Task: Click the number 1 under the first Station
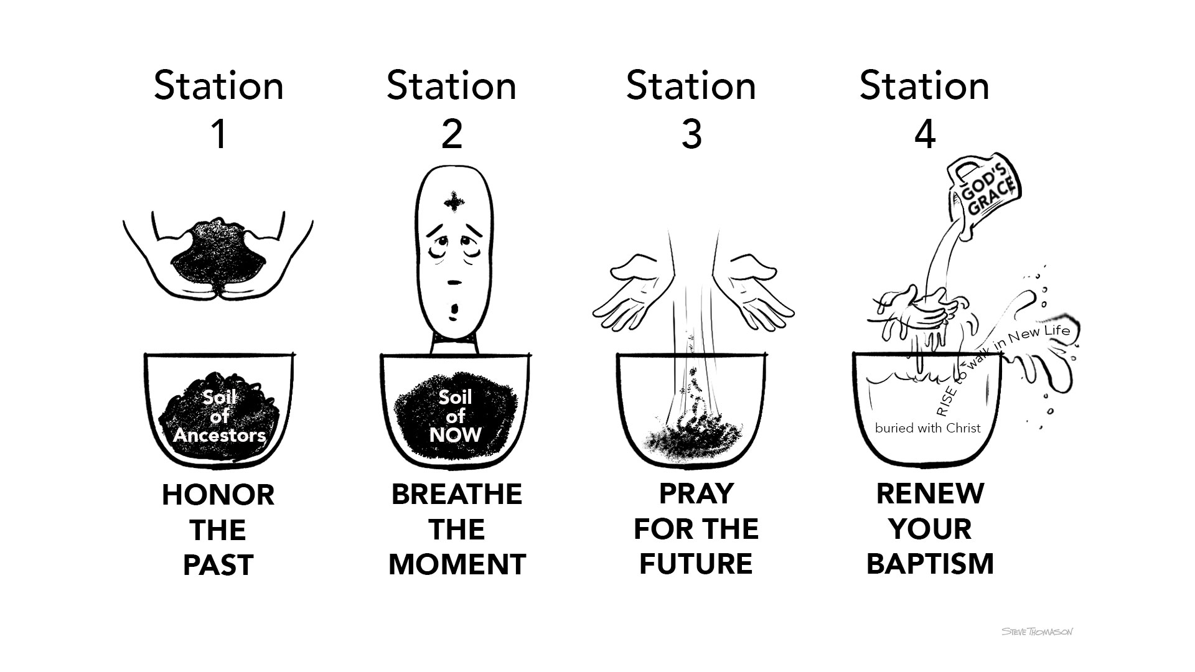pyautogui.click(x=218, y=134)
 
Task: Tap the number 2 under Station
pyautogui.click(x=452, y=134)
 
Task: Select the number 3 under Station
pyautogui.click(x=691, y=134)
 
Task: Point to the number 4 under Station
pyautogui.click(x=925, y=134)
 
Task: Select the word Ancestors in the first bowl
pyautogui.click(x=219, y=435)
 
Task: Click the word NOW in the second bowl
pyautogui.click(x=456, y=435)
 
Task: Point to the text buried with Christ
pyautogui.click(x=927, y=428)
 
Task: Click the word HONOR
pyautogui.click(x=218, y=495)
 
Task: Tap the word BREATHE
pyautogui.click(x=457, y=494)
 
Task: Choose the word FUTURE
pyautogui.click(x=696, y=564)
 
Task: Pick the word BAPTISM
pyautogui.click(x=930, y=564)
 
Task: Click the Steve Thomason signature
pyautogui.click(x=1038, y=632)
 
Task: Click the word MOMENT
pyautogui.click(x=457, y=564)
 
